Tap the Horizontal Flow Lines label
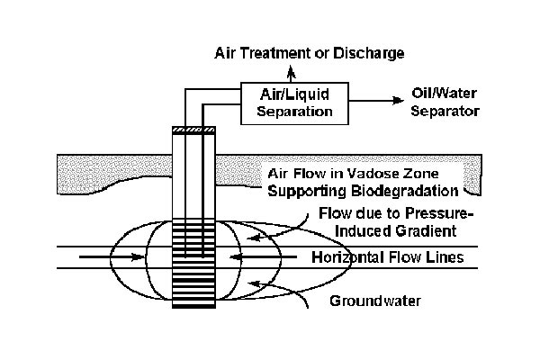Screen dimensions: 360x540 pyautogui.click(x=387, y=257)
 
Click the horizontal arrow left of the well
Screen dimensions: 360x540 pyautogui.click(x=112, y=257)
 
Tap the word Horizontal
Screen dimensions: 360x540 pyautogui.click(x=344, y=257)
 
